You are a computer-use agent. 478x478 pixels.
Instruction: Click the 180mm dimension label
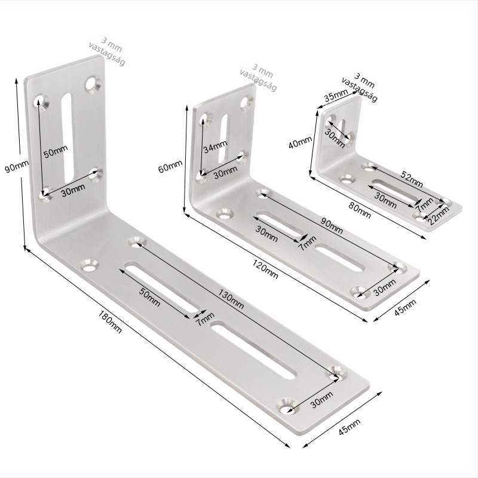[x=110, y=321]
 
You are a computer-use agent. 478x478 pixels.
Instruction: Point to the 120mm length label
[x=265, y=269]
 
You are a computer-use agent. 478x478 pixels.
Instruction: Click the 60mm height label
[x=170, y=166]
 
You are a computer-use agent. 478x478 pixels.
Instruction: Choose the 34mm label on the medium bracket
[x=216, y=146]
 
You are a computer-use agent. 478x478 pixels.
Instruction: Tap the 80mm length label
[x=360, y=210]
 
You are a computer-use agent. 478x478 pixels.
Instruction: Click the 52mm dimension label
[x=412, y=179]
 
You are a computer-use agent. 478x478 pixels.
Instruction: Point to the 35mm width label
[x=336, y=96]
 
